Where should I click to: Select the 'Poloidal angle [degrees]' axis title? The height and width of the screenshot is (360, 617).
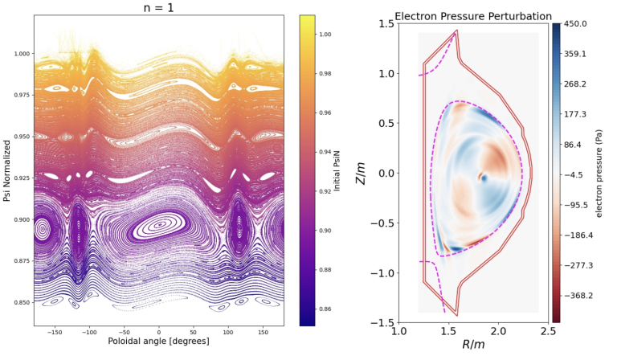click(158, 342)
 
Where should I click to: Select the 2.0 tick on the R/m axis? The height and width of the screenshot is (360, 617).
click(499, 330)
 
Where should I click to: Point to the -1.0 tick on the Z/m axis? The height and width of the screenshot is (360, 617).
click(385, 272)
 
